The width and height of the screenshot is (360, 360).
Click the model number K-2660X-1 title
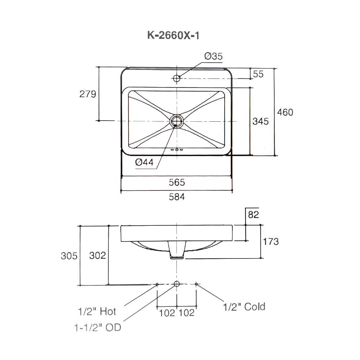[173, 36]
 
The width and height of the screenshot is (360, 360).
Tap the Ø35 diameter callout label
[213, 56]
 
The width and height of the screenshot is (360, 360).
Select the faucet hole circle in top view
[176, 78]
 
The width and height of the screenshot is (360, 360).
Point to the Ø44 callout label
[144, 162]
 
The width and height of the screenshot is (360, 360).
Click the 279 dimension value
[87, 94]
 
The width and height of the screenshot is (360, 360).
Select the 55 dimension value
[258, 74]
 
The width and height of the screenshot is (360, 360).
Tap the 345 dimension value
[260, 121]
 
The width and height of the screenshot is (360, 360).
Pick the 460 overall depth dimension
[285, 112]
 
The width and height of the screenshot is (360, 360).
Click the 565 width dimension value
[177, 182]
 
